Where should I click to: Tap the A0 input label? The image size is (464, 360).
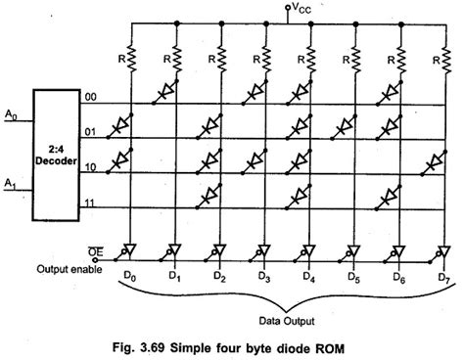pyautogui.click(x=11, y=114)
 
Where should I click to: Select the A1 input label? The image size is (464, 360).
pyautogui.click(x=11, y=182)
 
